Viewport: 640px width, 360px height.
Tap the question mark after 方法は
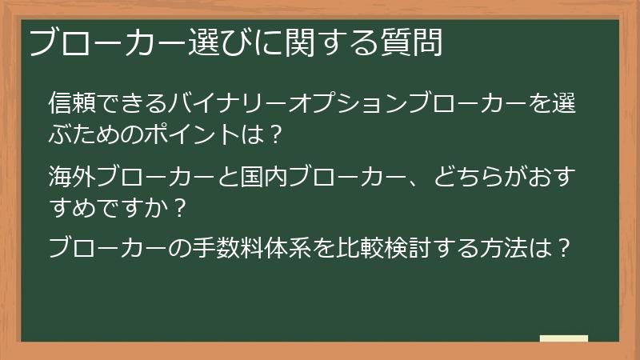tap(563, 248)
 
